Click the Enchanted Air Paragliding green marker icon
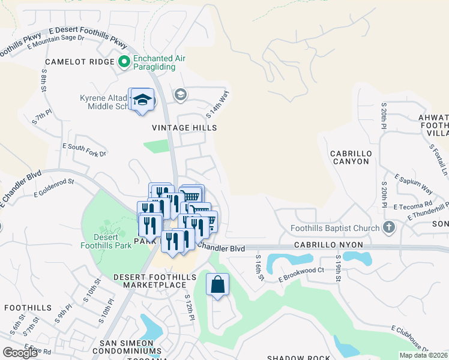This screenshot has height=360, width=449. pos(124,62)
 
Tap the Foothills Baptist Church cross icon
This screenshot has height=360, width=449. pos(389,228)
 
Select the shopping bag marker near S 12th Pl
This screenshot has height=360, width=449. pos(218,284)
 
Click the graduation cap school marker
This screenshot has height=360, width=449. pos(142,100)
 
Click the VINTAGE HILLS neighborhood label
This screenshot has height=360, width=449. pos(184,128)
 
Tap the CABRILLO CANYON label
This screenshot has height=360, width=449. pos(350,157)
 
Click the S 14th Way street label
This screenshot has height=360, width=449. pos(218,103)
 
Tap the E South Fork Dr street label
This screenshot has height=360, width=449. pos(84,150)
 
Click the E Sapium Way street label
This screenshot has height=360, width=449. pos(414,184)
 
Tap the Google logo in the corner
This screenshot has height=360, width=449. pos(20,353)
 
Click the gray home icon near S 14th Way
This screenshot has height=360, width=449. pos(180,94)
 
